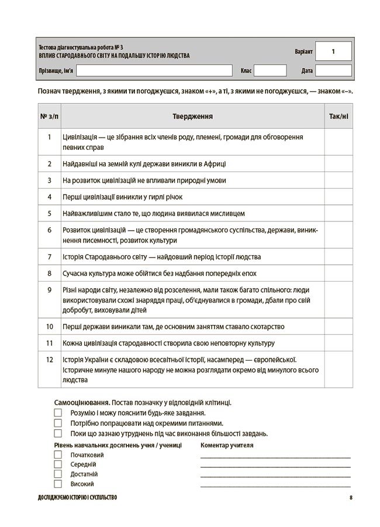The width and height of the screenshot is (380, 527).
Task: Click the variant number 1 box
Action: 333,52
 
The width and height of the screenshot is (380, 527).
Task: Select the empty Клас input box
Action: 270,71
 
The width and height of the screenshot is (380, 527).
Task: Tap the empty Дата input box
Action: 333,71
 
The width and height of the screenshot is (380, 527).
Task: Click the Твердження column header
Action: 192,117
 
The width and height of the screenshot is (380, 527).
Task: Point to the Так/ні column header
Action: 338,117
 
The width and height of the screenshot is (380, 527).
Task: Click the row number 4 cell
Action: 50,197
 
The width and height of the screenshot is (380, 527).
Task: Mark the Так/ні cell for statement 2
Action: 338,164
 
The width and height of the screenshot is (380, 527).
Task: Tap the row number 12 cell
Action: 50,360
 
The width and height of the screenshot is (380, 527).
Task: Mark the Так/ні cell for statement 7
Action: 338,256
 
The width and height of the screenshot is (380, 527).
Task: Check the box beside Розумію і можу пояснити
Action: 58,413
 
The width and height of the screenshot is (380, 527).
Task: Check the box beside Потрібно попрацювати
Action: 58,423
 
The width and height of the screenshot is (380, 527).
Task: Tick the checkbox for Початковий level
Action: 58,455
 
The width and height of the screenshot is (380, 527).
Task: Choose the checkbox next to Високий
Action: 58,484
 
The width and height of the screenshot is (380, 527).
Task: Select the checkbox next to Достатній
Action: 58,474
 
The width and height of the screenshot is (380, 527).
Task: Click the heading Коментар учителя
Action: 227,445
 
